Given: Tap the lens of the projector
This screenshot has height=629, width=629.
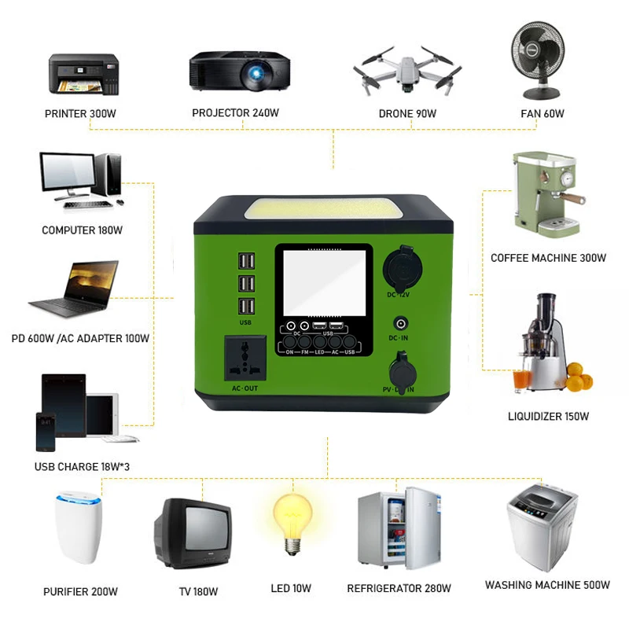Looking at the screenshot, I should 256,75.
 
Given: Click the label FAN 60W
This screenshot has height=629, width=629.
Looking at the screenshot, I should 543,113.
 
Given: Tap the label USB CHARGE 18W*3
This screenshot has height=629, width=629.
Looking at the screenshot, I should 82,466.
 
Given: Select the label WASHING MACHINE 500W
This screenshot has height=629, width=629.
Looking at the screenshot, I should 547,585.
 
